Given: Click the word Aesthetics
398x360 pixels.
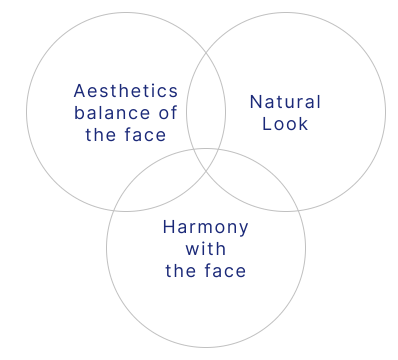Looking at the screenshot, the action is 126,91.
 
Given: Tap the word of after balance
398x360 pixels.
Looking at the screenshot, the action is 168,112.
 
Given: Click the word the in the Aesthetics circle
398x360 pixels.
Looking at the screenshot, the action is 100,134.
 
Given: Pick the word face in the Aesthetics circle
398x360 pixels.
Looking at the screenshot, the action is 145,134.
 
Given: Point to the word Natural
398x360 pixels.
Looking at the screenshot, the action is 285,102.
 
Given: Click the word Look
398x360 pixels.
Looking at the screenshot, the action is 285,124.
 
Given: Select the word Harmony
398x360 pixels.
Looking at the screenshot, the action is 205,227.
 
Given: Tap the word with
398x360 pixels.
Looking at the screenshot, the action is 205,248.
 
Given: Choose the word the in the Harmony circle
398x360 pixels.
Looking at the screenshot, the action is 180,270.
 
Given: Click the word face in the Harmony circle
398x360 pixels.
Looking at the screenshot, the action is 225,270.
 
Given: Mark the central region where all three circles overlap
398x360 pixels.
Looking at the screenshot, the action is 206,158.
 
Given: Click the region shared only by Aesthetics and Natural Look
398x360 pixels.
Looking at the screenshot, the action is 206,101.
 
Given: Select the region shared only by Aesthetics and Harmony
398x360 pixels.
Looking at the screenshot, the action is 162,183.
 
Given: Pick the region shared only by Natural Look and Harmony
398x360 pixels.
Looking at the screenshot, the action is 250,183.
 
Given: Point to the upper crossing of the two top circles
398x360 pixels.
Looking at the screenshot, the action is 206,53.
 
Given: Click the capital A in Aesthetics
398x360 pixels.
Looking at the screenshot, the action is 79,91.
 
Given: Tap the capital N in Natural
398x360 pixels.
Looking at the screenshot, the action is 255,102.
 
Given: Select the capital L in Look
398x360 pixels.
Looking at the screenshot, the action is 266,124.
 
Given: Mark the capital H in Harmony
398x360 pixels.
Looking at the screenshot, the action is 168,226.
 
